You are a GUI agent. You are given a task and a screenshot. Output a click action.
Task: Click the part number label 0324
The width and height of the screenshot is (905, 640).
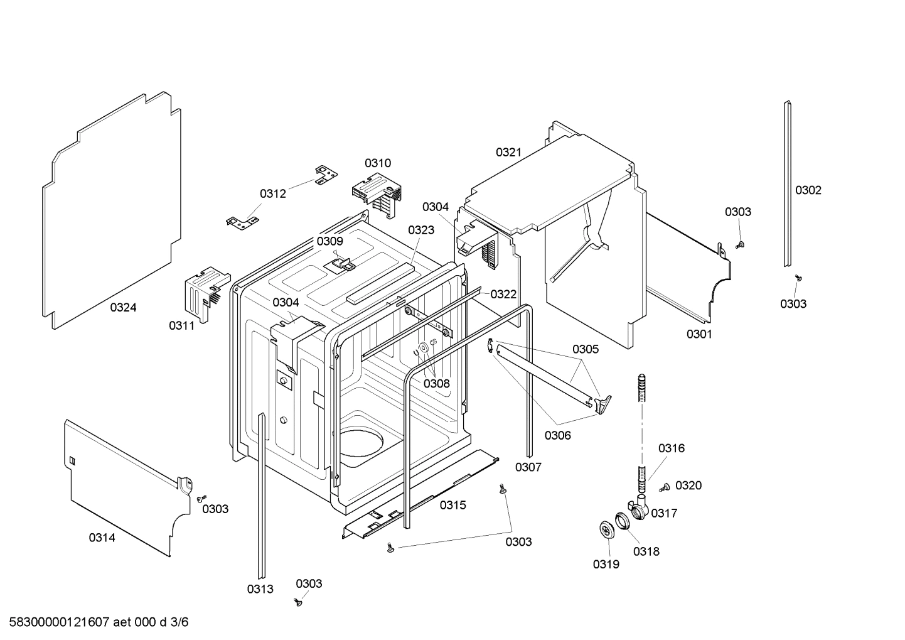[123, 307]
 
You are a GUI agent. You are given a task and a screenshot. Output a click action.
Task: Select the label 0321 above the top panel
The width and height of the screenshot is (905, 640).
[508, 152]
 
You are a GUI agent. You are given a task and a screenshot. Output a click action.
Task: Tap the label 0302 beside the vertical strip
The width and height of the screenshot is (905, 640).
[808, 190]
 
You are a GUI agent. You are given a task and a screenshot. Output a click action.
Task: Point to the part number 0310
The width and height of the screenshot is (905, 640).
[378, 163]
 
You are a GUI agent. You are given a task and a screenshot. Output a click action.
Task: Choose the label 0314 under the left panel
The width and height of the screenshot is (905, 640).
[102, 537]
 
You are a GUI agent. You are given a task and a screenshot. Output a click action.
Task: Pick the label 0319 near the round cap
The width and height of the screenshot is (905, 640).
[606, 564]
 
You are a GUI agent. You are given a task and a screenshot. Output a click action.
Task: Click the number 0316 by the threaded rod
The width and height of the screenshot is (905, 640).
[672, 448]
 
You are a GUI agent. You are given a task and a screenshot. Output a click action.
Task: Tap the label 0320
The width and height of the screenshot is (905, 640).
[688, 485]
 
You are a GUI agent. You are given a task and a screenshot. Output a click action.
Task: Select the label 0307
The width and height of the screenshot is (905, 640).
[528, 467]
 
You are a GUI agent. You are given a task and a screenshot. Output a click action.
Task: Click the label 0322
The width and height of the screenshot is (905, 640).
[503, 294]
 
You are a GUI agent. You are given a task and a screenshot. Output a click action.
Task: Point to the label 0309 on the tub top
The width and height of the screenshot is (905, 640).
[329, 241]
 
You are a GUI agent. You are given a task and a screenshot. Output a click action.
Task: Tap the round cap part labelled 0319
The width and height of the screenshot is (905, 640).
[606, 530]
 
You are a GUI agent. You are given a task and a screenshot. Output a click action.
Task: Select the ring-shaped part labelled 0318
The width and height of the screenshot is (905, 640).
[622, 521]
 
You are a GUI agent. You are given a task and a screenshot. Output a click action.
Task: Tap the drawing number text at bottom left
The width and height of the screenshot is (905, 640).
[99, 622]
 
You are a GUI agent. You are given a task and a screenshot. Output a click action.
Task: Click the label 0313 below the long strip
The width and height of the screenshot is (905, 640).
[260, 588]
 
